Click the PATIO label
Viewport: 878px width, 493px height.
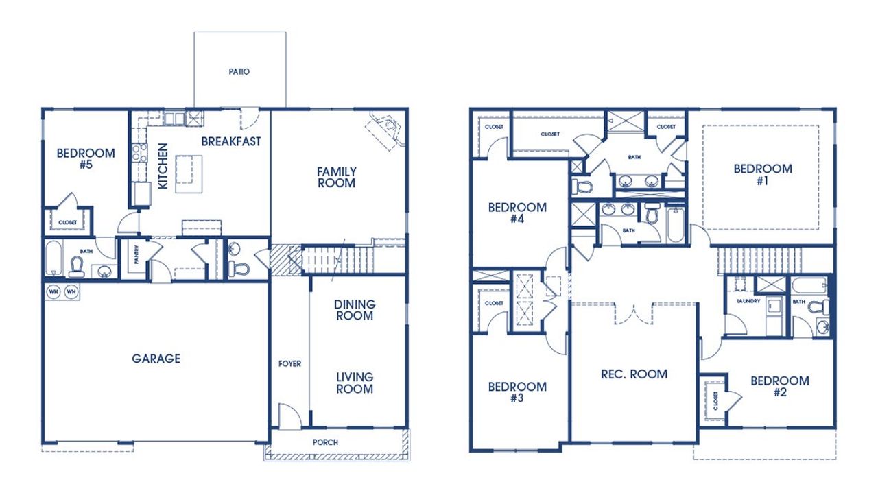tap(239, 71)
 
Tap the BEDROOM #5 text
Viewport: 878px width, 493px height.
tap(85, 158)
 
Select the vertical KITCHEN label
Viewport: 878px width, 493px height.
tap(163, 166)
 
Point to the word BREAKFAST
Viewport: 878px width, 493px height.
tap(230, 141)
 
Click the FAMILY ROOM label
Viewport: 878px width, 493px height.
tap(336, 177)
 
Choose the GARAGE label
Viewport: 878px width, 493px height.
tap(156, 358)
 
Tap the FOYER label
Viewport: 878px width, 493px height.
tap(289, 363)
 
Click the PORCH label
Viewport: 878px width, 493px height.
tap(325, 442)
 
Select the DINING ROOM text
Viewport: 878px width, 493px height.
tap(354, 310)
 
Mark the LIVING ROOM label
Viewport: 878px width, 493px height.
tap(354, 383)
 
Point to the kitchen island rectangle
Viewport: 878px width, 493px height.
tap(189, 174)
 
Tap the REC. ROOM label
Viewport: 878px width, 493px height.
tap(634, 374)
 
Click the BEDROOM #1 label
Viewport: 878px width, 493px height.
tap(762, 174)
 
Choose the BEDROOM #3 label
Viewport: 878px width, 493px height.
tap(517, 392)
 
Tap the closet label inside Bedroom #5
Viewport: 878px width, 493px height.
tap(67, 222)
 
